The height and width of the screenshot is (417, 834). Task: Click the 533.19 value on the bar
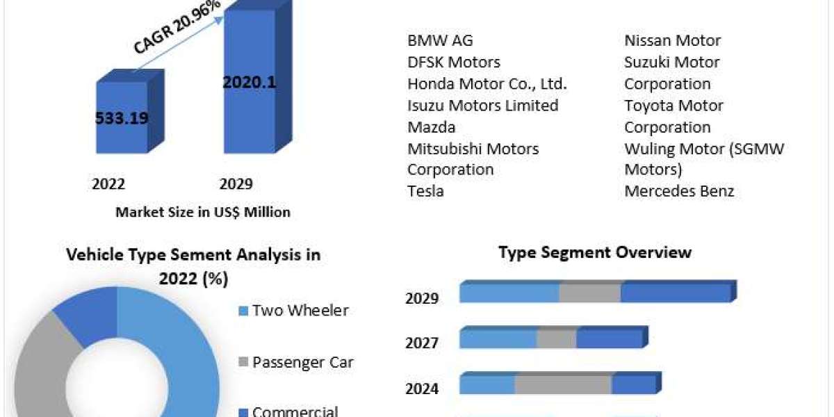pos(122,118)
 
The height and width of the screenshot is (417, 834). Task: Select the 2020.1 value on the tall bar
pos(250,82)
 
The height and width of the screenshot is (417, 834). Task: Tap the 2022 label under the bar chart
pos(108,184)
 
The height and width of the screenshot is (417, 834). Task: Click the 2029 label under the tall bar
pos(236,184)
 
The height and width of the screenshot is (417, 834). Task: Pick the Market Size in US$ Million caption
pos(203,212)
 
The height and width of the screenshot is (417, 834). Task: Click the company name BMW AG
pos(440,40)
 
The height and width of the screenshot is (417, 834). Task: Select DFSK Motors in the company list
pos(453,62)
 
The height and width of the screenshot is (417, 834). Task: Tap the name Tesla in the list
pos(425,190)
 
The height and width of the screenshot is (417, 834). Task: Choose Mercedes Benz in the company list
pos(679,190)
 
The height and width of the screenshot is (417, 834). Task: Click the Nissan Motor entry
pos(672,40)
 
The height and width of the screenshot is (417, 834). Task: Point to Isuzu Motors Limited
pos(482,105)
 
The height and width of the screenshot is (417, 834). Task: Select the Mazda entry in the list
pos(431,126)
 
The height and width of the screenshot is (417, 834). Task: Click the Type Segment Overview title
pos(595,252)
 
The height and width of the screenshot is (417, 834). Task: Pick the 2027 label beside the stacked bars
pos(422,343)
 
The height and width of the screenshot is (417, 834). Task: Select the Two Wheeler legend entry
pos(300,310)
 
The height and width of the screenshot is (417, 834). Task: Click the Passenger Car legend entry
pos(302,361)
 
